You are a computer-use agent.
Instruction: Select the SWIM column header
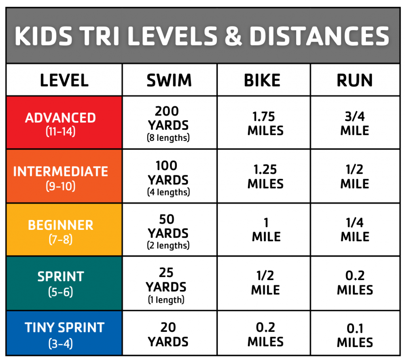pos(169,80)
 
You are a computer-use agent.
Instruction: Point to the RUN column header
pos(355,80)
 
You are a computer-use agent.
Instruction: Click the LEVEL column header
pos(64,80)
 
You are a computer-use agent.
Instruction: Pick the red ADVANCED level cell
pos(64,123)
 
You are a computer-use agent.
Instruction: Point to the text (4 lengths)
pos(169,192)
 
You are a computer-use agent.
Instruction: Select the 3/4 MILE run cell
pos(355,123)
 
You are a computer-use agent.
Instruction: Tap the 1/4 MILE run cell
pos(355,230)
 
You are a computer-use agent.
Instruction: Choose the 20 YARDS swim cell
pos(169,334)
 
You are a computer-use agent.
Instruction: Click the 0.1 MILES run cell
pos(355,335)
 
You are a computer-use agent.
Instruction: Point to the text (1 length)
pos(167,299)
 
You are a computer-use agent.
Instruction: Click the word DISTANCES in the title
pos(319,36)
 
